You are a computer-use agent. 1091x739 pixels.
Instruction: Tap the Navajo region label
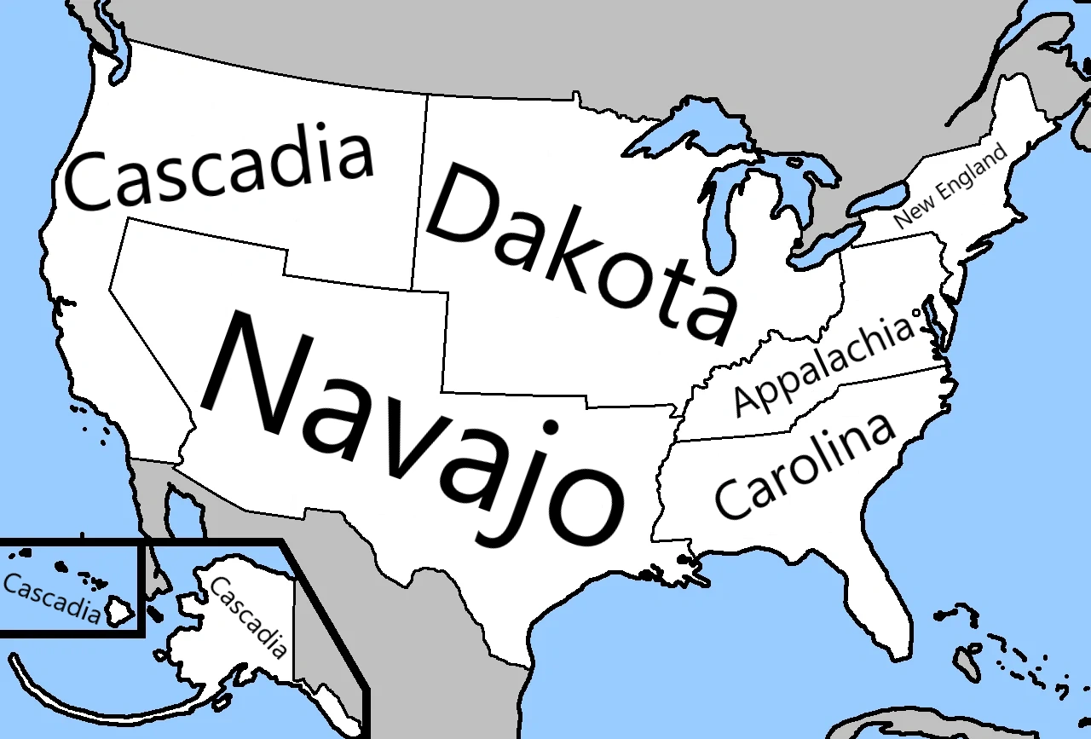coord(409,426)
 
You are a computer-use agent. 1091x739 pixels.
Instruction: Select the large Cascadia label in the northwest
coord(220,170)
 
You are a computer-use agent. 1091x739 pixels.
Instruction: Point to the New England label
coord(950,185)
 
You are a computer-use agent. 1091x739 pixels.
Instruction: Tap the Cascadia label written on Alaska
coord(248,617)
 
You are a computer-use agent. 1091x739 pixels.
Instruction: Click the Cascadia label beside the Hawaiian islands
coord(51,597)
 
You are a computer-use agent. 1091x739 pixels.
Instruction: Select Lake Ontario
coord(878,199)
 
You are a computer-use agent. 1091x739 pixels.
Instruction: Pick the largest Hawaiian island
coord(118,611)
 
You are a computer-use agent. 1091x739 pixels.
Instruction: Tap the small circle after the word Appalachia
coord(917,313)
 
